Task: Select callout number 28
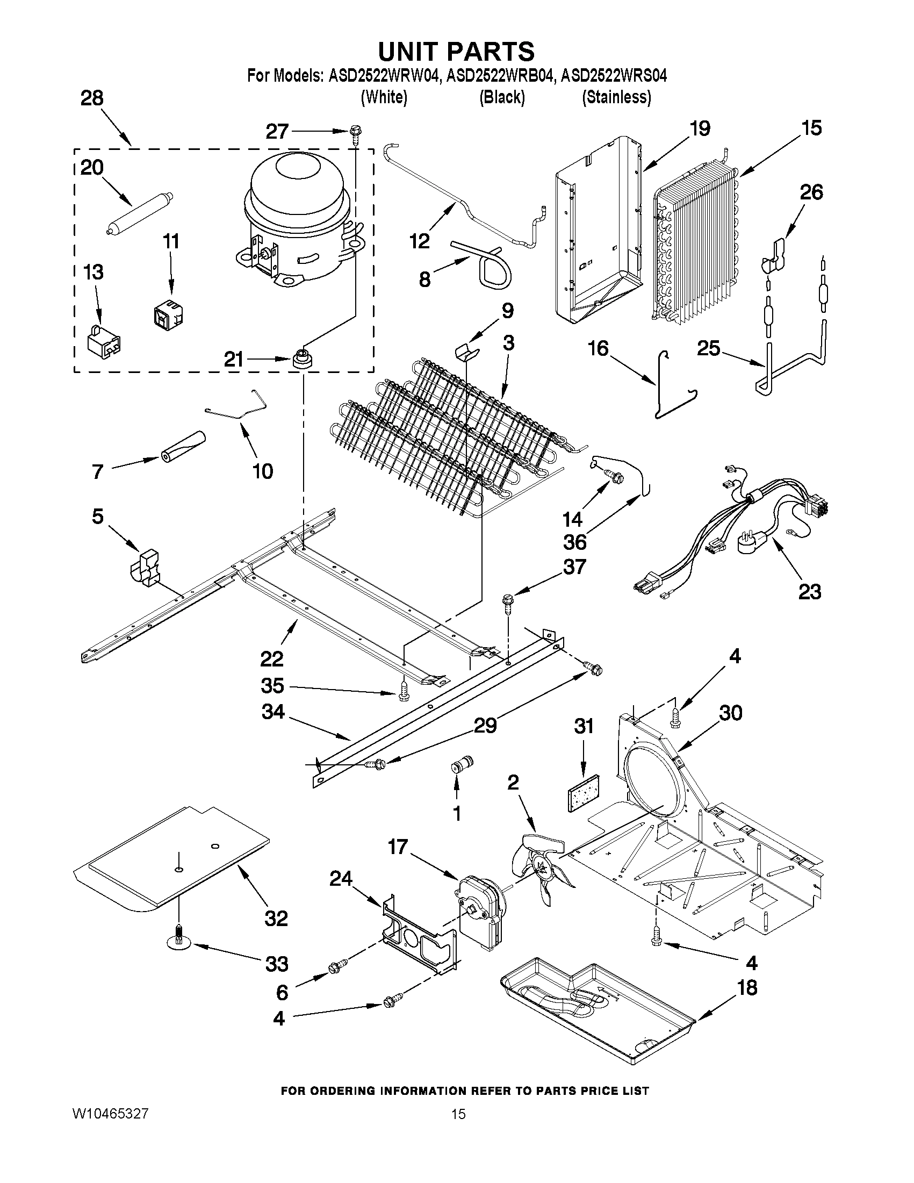92,98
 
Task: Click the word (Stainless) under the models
616,97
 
